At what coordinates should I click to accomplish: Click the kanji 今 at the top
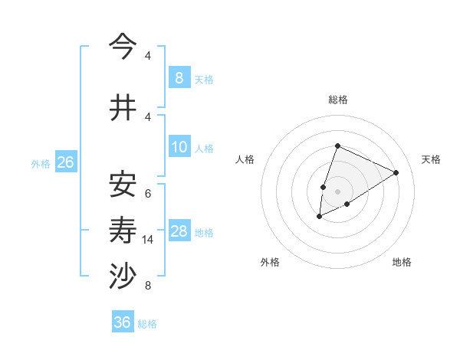[x=122, y=47]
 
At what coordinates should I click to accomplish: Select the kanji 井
[x=122, y=108]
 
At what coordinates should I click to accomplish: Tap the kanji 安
[x=122, y=184]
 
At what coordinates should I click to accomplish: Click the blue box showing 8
[x=179, y=77]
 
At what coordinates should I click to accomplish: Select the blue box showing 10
[x=179, y=147]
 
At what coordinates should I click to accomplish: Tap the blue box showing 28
[x=179, y=231]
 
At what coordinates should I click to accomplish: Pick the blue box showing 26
[x=65, y=162]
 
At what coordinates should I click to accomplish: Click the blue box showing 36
[x=122, y=322]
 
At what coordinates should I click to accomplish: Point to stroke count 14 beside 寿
[x=149, y=240]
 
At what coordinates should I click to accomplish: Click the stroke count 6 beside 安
[x=148, y=193]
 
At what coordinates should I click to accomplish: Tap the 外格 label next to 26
[x=41, y=163]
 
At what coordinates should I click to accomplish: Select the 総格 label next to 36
[x=147, y=323]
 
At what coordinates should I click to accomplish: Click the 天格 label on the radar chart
[x=431, y=159]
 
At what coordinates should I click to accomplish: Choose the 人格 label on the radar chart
[x=245, y=159]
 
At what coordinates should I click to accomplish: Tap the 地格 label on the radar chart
[x=402, y=262]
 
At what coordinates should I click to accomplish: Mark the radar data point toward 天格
[x=396, y=172]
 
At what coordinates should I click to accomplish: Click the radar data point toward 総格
[x=337, y=146]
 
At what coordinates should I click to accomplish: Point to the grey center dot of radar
[x=337, y=191]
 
